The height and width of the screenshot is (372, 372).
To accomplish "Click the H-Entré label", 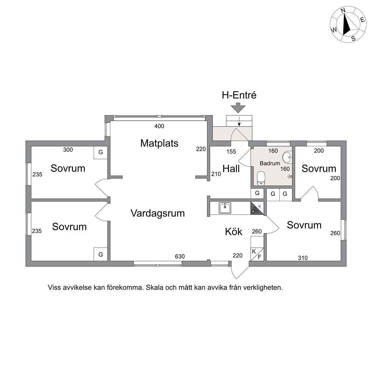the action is (239, 95).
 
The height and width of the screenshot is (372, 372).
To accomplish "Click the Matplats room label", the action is (159, 143).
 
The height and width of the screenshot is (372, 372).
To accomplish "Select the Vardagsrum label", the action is (158, 213).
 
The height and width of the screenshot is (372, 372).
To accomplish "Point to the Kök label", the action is (233, 232).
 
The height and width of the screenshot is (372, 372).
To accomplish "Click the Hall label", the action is (231, 169).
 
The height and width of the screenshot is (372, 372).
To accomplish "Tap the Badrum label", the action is (270, 163).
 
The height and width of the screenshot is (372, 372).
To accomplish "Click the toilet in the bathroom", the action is (261, 178).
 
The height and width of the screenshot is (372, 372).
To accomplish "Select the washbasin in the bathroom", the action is (287, 157).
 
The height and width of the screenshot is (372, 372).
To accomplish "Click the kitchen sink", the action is (225, 208).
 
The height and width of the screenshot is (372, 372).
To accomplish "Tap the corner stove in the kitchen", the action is (257, 208).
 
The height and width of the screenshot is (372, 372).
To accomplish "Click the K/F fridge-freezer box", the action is (257, 254).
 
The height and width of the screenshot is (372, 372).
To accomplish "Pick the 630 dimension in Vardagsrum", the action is (180, 256).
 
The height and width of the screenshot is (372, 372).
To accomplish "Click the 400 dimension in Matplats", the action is (159, 126).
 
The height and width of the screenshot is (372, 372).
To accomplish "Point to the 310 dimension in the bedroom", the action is (303, 258).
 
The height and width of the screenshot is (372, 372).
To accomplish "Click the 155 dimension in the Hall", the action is (231, 151).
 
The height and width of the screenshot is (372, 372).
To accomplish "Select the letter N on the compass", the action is (343, 17).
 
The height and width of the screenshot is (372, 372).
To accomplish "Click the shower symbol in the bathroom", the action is (290, 176).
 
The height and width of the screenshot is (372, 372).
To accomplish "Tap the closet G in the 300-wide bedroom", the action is (101, 152).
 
